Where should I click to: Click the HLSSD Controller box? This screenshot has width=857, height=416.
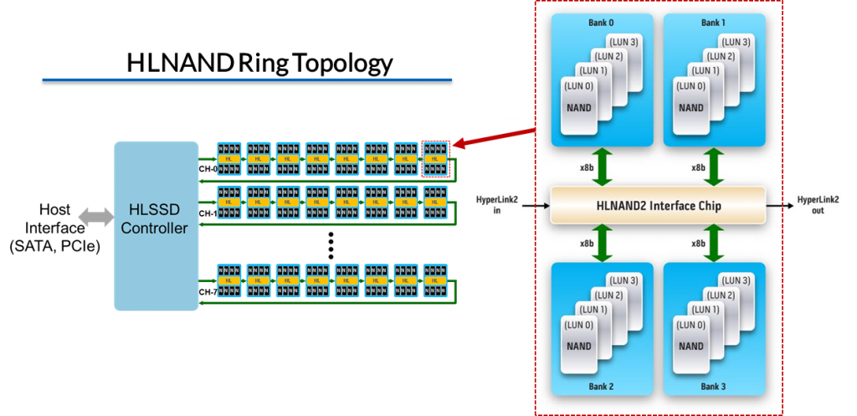pos(156,226)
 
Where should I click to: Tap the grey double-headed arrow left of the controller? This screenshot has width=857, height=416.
pos(95,218)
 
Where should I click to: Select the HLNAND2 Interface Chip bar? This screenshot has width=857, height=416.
pos(657,205)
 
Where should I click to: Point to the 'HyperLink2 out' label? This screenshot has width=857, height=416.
pos(818,205)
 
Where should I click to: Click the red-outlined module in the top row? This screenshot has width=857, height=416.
pos(435,158)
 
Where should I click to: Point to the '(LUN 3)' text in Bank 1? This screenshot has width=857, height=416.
pos(736,42)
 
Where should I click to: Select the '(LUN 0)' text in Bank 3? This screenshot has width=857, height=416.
pos(689,324)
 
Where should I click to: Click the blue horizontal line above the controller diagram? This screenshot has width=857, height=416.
pos(247,80)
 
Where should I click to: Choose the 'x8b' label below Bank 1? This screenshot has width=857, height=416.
pos(698,167)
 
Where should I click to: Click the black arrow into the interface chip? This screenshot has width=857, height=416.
pos(536,205)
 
